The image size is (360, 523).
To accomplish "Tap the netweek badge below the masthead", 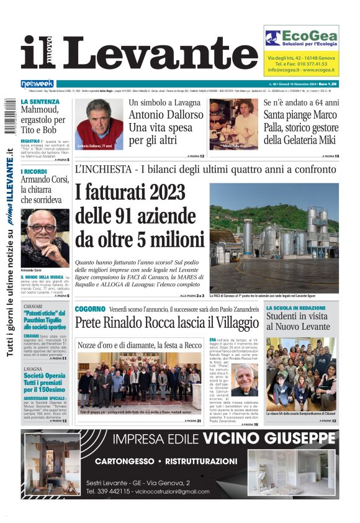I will (x=37, y=83).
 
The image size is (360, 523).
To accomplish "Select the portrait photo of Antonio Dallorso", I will (x=99, y=124).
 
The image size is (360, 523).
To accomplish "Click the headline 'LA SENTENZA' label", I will (x=40, y=101).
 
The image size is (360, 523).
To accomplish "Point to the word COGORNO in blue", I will (x=90, y=309).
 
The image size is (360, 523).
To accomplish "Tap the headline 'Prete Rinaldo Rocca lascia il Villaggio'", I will (x=167, y=323).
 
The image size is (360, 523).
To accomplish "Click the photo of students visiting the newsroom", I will (x=301, y=375).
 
